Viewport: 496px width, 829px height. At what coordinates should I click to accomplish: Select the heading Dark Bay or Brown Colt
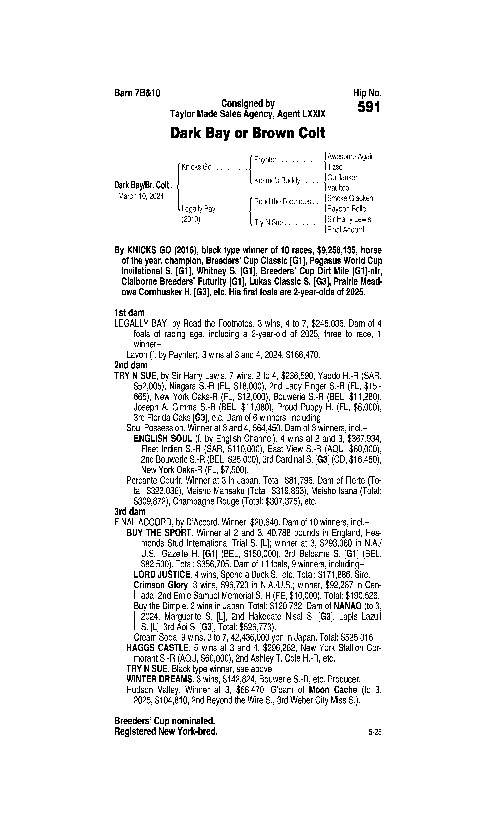[x=248, y=133]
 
